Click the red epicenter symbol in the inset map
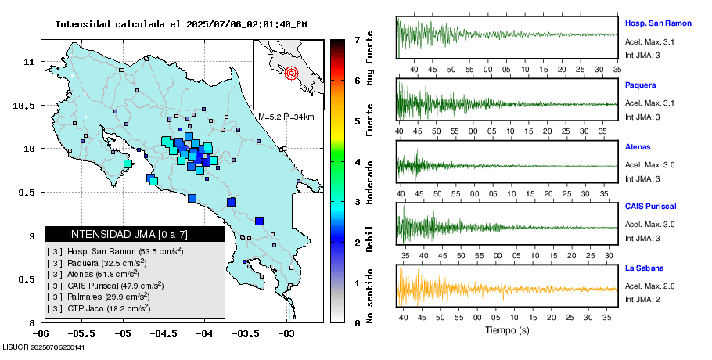292,74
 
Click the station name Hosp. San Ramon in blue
658,23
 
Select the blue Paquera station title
640,85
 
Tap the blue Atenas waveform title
638,146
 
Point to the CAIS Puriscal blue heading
650,207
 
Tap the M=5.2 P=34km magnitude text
286,117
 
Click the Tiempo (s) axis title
507,331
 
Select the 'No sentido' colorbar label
370,294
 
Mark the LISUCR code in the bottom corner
44,347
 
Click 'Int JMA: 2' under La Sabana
642,299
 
